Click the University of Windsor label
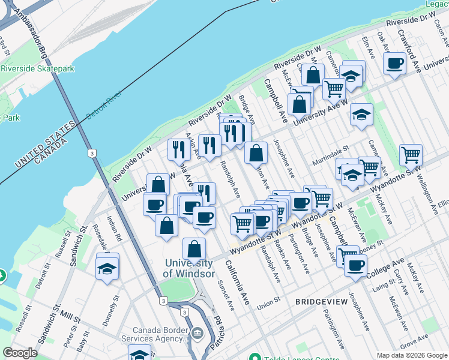[x=188, y=268]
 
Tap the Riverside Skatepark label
[x=37, y=68]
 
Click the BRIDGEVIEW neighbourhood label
[x=321, y=301]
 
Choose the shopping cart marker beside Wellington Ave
[x=411, y=155]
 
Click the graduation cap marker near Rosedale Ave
[x=107, y=268]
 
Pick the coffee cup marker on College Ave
[x=355, y=265]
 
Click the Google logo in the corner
[x=20, y=353]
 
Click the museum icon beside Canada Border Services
[x=197, y=332]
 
